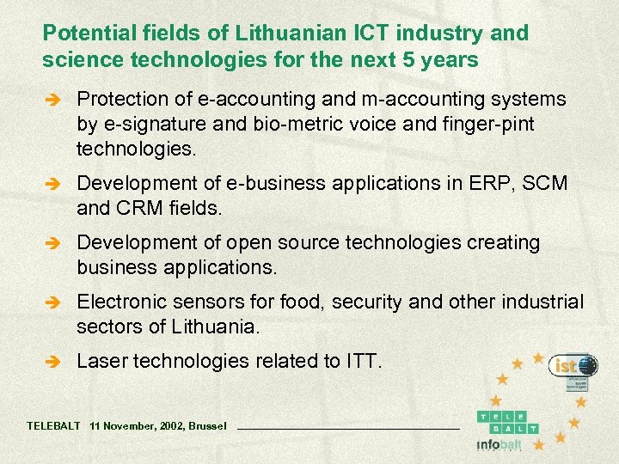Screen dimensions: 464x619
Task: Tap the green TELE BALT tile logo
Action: [x=507, y=421]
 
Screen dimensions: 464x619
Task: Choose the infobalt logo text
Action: [x=498, y=444]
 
